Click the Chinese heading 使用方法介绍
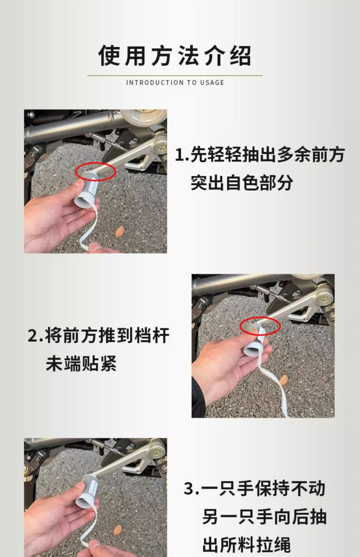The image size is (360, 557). pyautogui.click(x=175, y=55)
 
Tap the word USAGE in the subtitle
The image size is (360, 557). pyautogui.click(x=212, y=83)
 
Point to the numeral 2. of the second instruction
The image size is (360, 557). pyautogui.click(x=35, y=336)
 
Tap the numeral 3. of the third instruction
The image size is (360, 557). pyautogui.click(x=192, y=488)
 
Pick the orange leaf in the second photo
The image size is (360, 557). pyautogui.click(x=283, y=379)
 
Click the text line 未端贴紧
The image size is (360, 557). pyautogui.click(x=81, y=363)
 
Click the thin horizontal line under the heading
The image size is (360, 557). pyautogui.click(x=175, y=75)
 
